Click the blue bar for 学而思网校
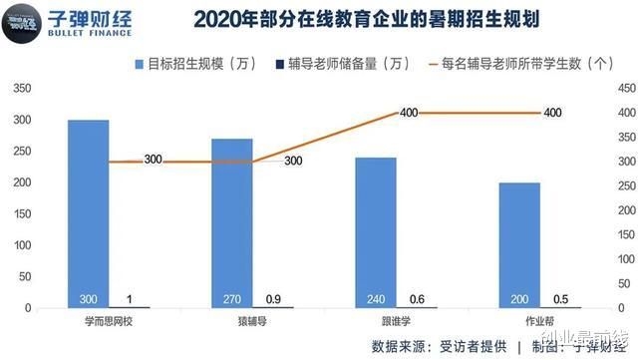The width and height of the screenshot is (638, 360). tap(88, 213)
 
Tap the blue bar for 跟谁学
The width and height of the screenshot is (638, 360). tap(375, 232)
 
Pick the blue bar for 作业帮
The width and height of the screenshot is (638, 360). tap(518, 245)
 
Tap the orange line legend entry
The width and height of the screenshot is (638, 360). tap(519, 64)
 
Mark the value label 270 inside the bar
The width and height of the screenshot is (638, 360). tap(231, 299)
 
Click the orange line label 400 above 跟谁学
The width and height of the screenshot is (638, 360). tap(409, 113)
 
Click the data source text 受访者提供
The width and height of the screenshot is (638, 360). tap(468, 346)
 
